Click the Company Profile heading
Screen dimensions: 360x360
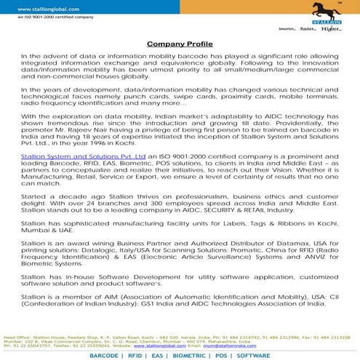click(x=180, y=44)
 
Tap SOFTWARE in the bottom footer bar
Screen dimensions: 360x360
click(x=253, y=356)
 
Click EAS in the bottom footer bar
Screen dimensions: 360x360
click(x=156, y=356)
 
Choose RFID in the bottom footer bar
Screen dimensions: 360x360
click(x=134, y=356)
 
